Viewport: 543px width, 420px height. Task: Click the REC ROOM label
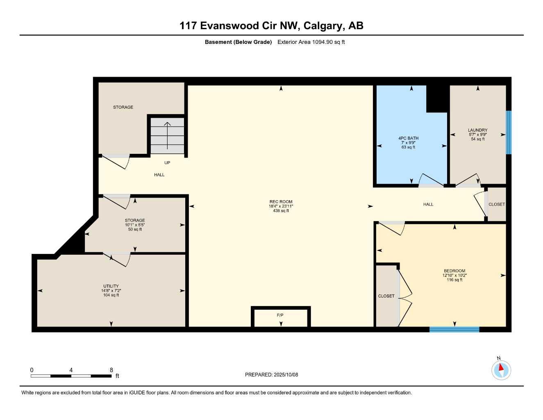coord(281,202)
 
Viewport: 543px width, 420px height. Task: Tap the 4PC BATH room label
coord(408,138)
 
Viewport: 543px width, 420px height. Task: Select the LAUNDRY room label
coord(477,130)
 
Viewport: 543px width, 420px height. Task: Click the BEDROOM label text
coord(454,271)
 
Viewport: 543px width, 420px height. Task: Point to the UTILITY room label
coord(111,286)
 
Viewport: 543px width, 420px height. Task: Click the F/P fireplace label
coord(280,315)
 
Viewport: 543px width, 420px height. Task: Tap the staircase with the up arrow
coord(167,136)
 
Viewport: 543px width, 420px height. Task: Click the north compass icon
coord(501,370)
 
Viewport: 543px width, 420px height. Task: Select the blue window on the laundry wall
coord(509,132)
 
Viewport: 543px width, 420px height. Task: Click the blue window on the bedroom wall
coord(454,329)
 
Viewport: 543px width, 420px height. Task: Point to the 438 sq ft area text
coord(281,211)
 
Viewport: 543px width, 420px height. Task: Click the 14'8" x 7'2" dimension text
coord(111,291)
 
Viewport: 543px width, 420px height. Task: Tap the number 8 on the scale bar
coord(111,370)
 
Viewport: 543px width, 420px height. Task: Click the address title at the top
coord(271,26)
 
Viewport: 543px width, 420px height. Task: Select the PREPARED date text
coord(271,375)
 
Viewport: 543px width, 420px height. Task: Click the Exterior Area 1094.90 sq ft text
coord(311,42)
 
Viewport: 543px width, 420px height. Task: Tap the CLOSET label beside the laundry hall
coord(497,204)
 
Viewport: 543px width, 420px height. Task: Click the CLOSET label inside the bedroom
coord(386,296)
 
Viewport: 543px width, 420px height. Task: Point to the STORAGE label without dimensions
coord(123,107)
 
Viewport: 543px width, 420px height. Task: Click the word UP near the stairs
coord(167,163)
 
